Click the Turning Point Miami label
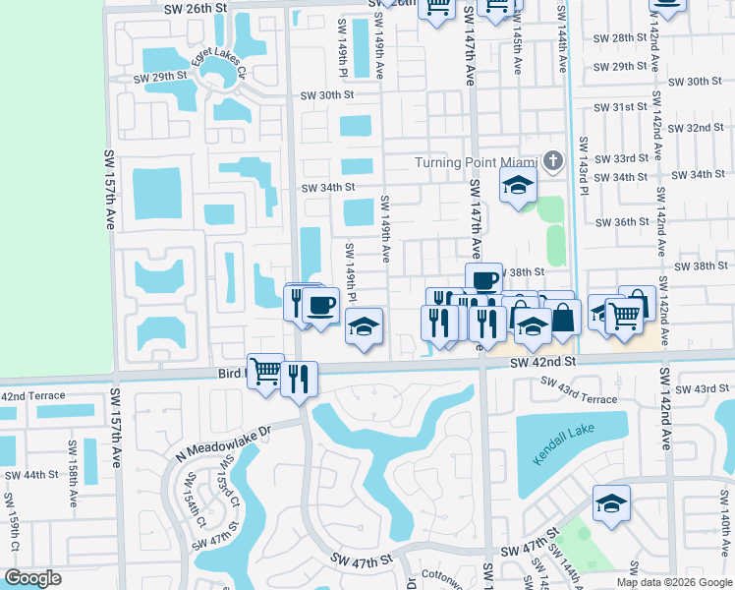[475, 162]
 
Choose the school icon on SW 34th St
[517, 184]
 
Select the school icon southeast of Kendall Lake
[611, 502]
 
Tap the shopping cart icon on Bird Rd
[265, 371]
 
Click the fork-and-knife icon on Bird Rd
[299, 378]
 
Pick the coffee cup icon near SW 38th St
[483, 280]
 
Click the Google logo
[33, 577]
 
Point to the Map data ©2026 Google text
[673, 582]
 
